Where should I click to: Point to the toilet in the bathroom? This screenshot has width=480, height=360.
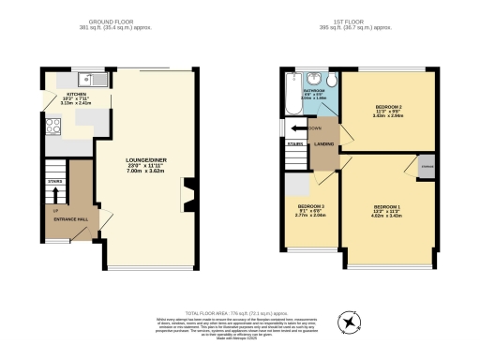click(312, 80)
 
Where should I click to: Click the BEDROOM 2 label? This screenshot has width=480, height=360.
click(386, 108)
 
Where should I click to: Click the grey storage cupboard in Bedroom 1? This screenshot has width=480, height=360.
click(427, 166)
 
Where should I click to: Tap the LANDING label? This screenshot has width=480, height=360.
click(325, 143)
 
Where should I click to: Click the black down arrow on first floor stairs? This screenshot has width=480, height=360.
click(301, 128)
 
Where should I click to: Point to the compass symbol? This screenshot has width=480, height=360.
click(350, 322)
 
